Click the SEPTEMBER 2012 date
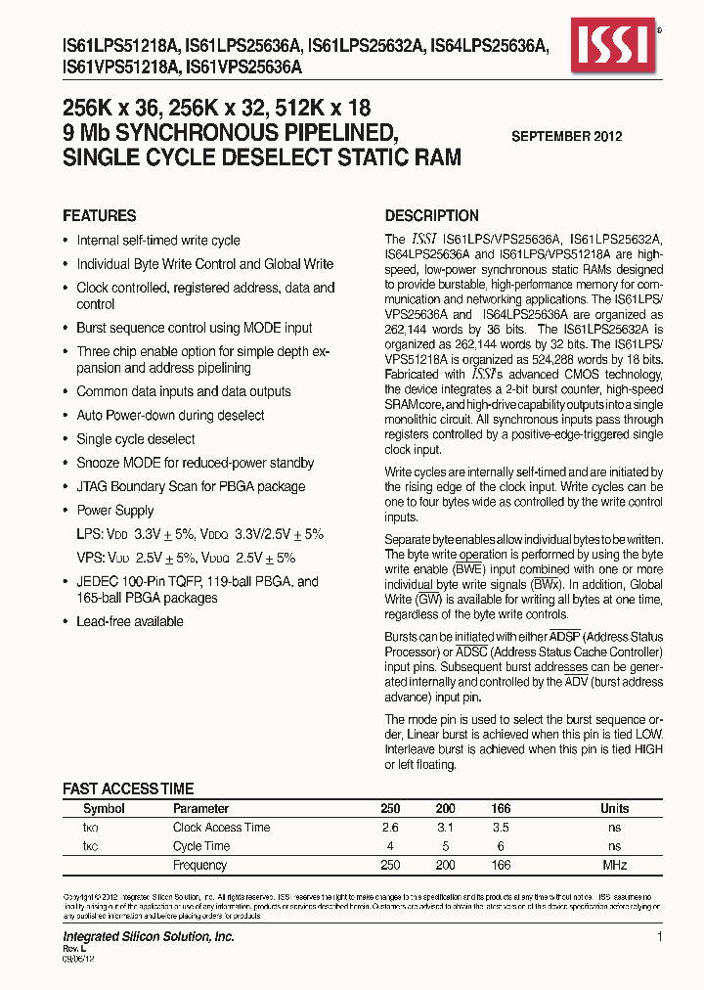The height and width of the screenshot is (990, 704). pyautogui.click(x=566, y=137)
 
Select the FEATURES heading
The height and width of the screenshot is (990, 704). pyautogui.click(x=99, y=215)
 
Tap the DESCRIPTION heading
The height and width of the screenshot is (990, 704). pyautogui.click(x=431, y=215)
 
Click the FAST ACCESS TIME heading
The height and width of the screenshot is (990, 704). pyautogui.click(x=128, y=788)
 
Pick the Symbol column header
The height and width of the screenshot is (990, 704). pyautogui.click(x=104, y=809)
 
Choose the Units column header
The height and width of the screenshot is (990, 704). pyautogui.click(x=614, y=809)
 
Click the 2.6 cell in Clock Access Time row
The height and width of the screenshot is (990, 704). pyautogui.click(x=390, y=828)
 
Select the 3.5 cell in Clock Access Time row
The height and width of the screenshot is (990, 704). pyautogui.click(x=500, y=828)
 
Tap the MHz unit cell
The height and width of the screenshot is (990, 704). pyautogui.click(x=614, y=865)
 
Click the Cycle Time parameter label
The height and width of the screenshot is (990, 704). pyautogui.click(x=201, y=846)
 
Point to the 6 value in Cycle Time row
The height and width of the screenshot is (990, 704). pyautogui.click(x=500, y=846)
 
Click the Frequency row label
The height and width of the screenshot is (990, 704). pyautogui.click(x=199, y=865)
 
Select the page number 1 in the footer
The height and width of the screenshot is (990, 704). pyautogui.click(x=660, y=937)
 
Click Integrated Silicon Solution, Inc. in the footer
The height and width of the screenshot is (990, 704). pyautogui.click(x=149, y=937)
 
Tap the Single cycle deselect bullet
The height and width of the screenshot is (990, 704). pyautogui.click(x=135, y=439)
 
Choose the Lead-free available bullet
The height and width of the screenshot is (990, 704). pyautogui.click(x=129, y=621)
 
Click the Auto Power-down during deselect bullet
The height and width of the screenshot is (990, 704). pyautogui.click(x=170, y=416)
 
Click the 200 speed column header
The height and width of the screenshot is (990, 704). pyautogui.click(x=445, y=809)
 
